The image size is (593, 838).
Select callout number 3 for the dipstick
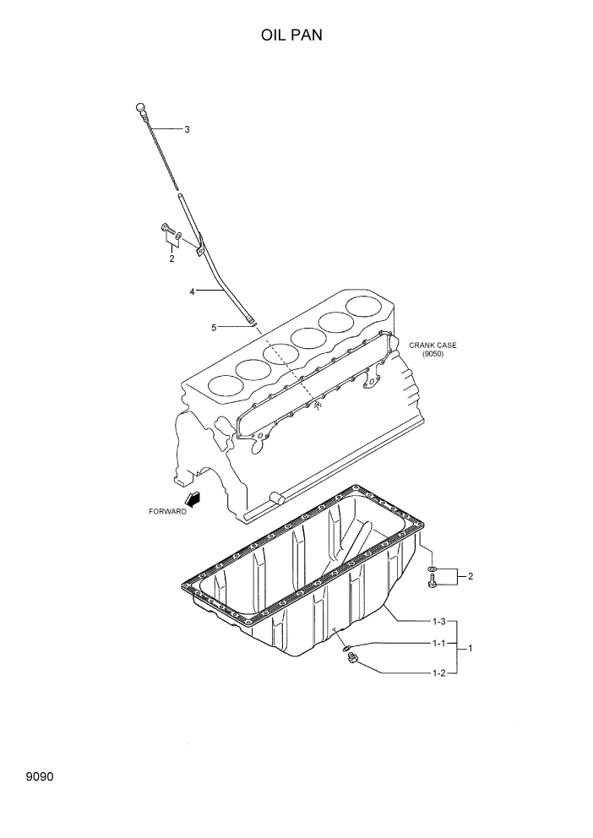click(187, 129)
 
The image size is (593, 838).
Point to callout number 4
click(192, 291)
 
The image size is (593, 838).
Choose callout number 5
click(215, 326)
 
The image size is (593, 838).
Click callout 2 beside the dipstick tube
click(171, 258)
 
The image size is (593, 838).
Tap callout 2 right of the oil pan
click(471, 576)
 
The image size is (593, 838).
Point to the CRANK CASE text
click(433, 345)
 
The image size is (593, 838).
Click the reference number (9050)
click(433, 354)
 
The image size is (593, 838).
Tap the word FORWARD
click(167, 512)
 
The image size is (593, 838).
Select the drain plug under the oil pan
click(352, 660)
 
